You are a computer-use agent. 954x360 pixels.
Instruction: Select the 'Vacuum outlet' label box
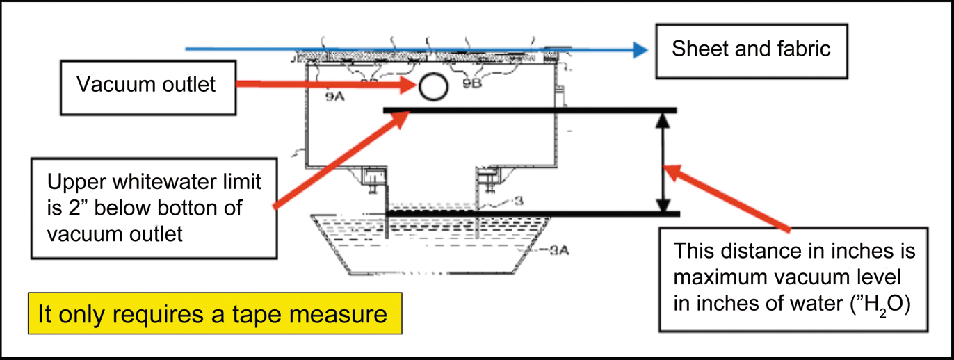[146, 85]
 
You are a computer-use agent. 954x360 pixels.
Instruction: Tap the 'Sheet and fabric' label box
[751, 49]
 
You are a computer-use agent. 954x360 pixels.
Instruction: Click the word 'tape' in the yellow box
[266, 314]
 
